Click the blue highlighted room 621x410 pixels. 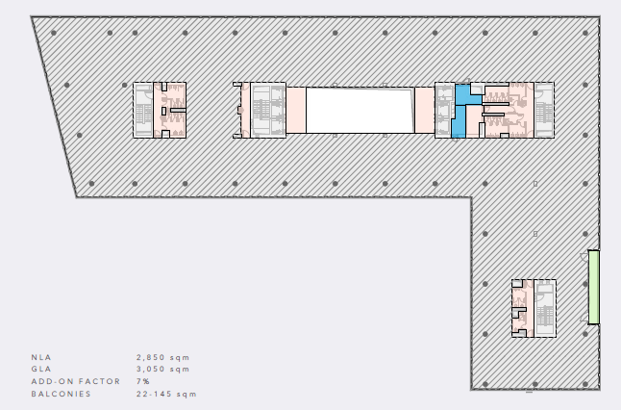click(x=459, y=119)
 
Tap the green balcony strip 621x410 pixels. click(x=593, y=287)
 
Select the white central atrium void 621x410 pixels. click(x=360, y=111)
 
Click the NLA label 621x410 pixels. click(x=41, y=357)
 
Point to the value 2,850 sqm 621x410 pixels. click(x=163, y=357)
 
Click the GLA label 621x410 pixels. click(x=41, y=370)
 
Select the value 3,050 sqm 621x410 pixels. click(x=163, y=370)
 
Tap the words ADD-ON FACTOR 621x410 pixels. click(x=76, y=381)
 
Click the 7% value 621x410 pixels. click(x=143, y=381)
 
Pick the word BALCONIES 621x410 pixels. click(x=61, y=395)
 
